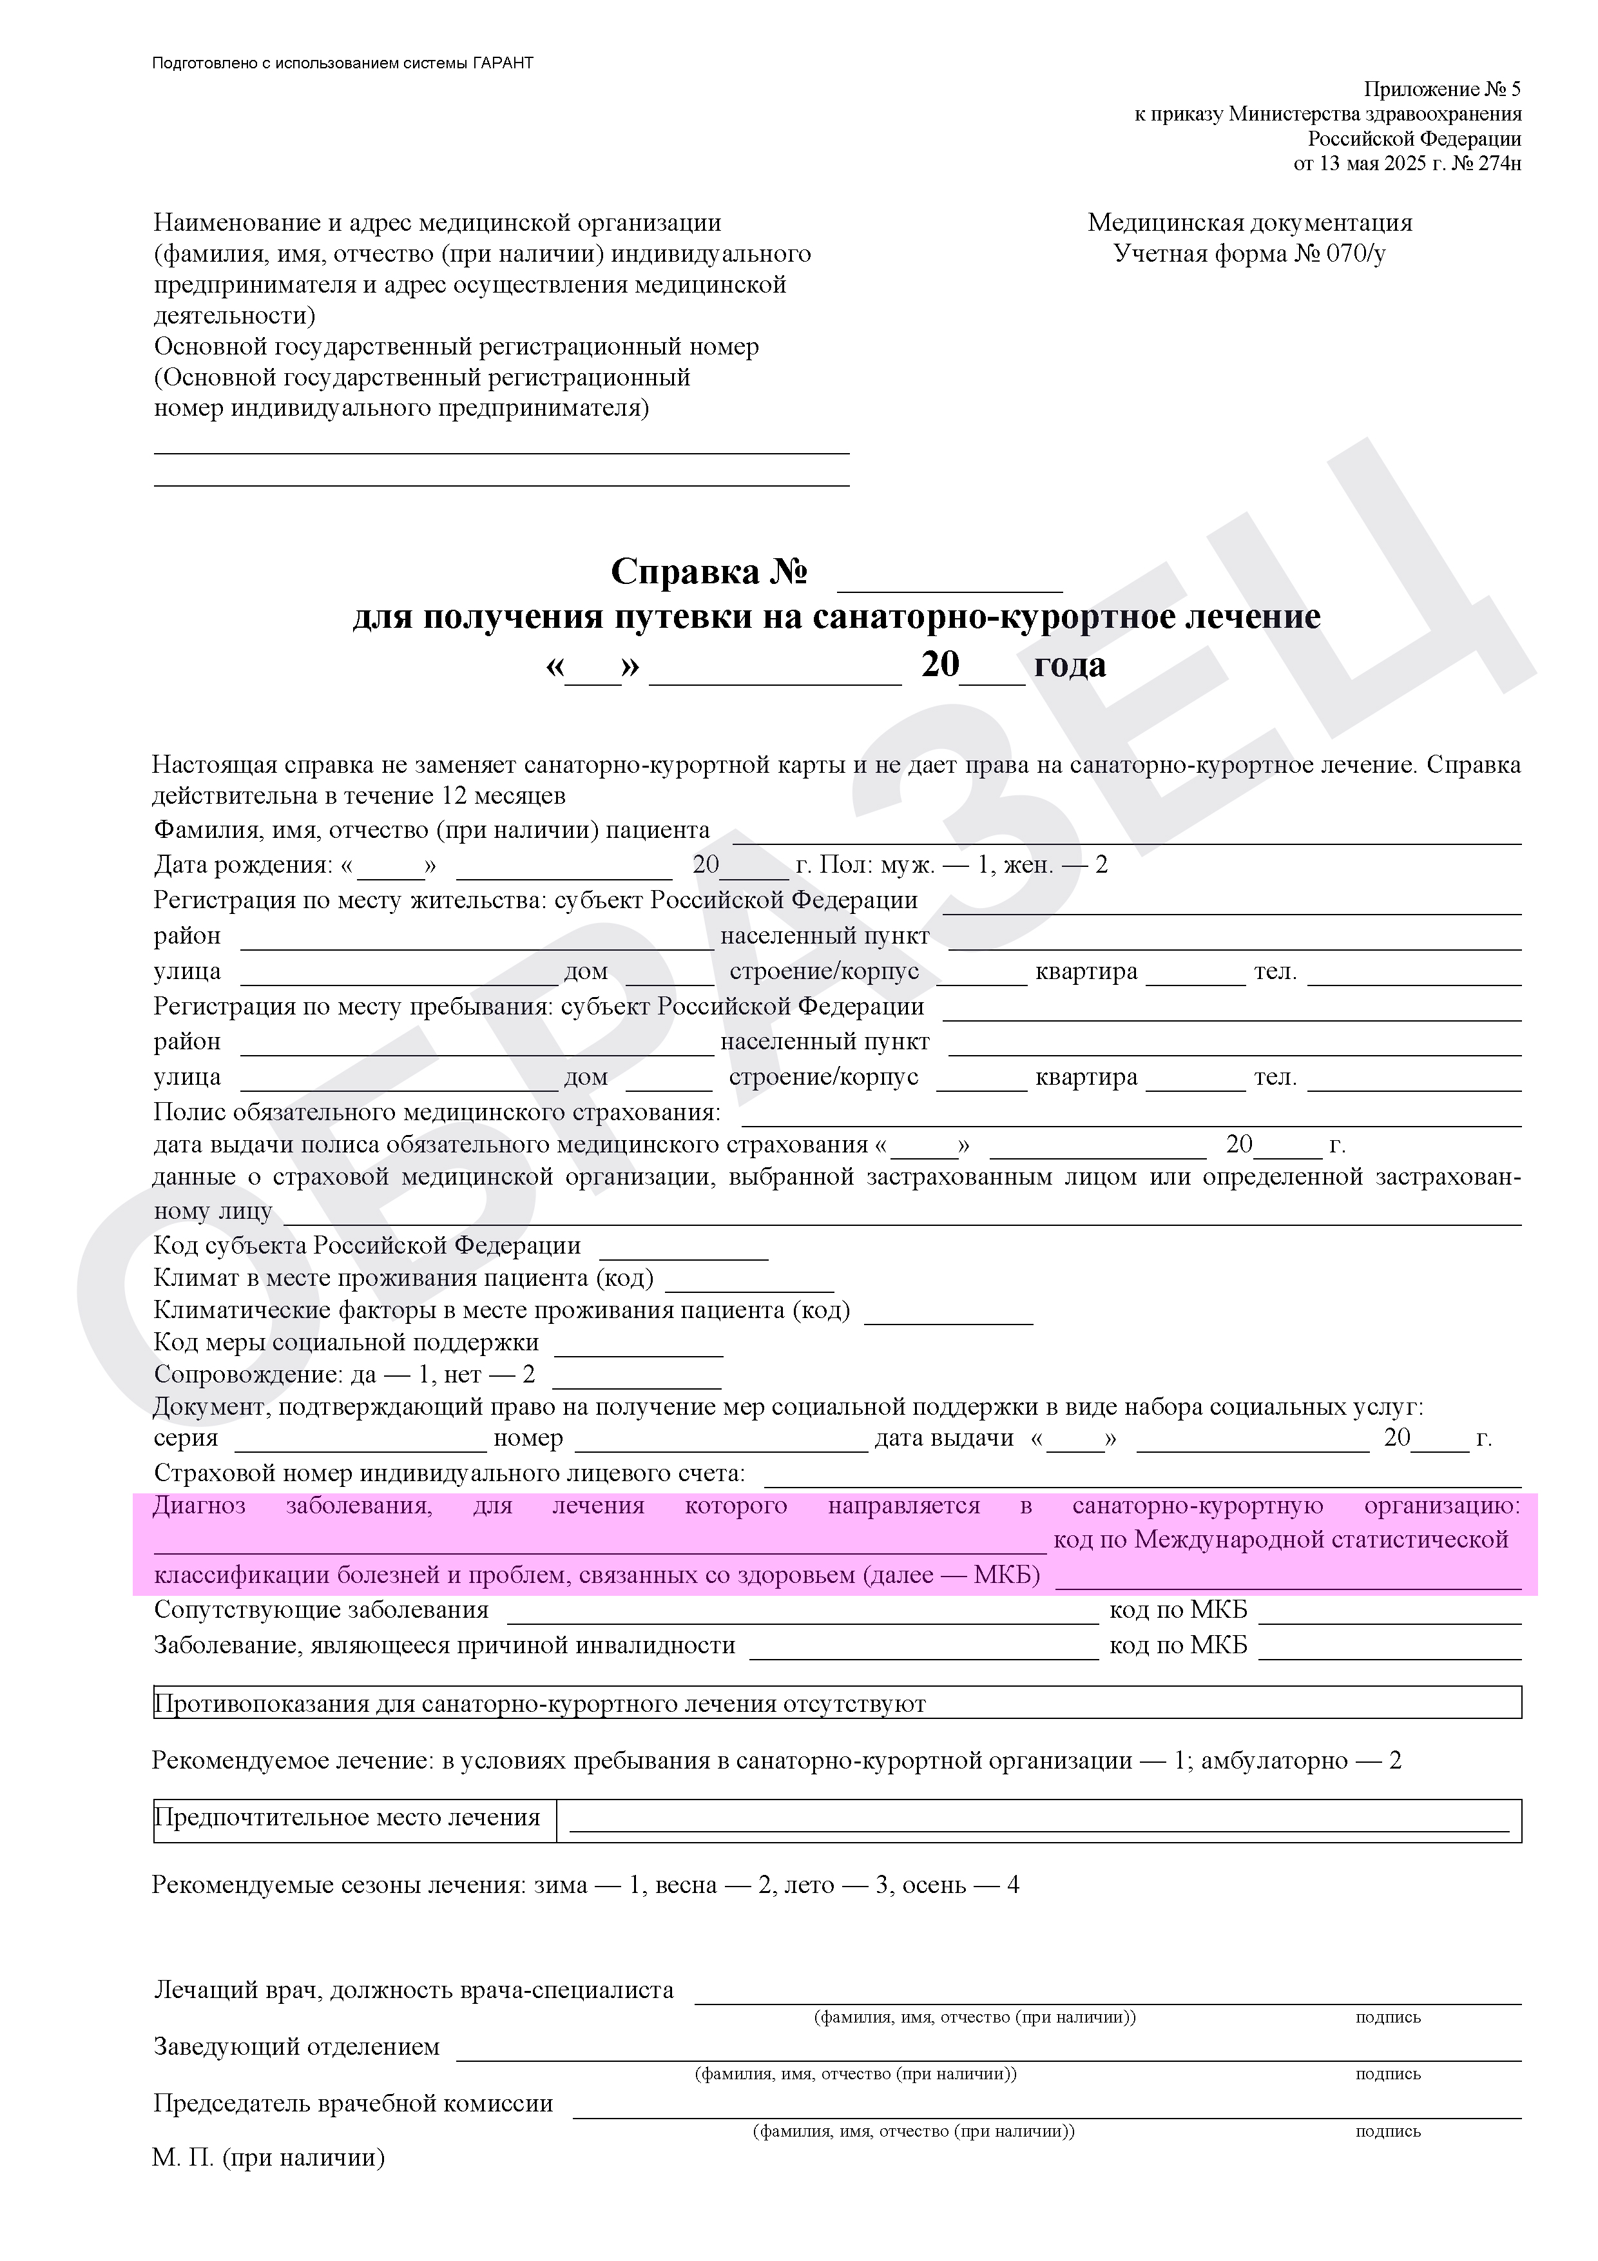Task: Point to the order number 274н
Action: click(1499, 164)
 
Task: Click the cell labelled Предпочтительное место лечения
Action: click(347, 1818)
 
